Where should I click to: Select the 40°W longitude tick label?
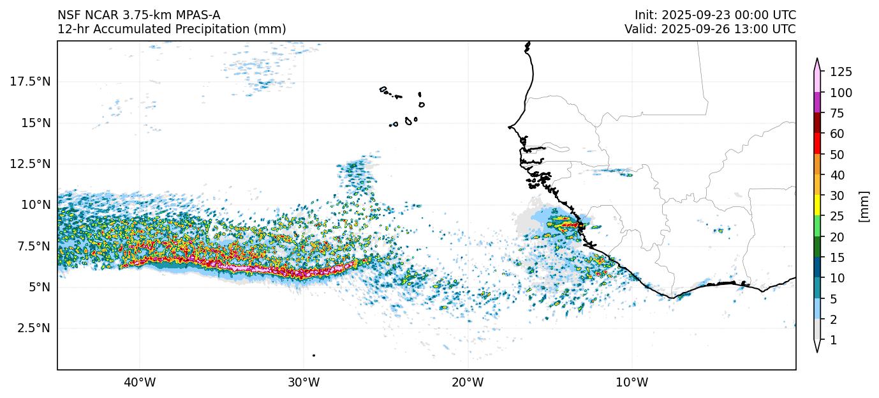(x=139, y=383)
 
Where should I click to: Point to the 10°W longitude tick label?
(x=632, y=383)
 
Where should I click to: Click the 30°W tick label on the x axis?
(x=303, y=383)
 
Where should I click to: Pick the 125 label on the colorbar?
(x=841, y=72)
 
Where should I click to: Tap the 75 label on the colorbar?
(x=837, y=113)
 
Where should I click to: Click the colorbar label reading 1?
(x=833, y=341)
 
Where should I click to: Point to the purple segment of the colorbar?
(x=817, y=102)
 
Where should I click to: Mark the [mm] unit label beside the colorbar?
(x=864, y=206)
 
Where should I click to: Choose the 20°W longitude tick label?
(x=468, y=383)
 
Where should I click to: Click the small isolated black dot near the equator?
(x=313, y=355)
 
